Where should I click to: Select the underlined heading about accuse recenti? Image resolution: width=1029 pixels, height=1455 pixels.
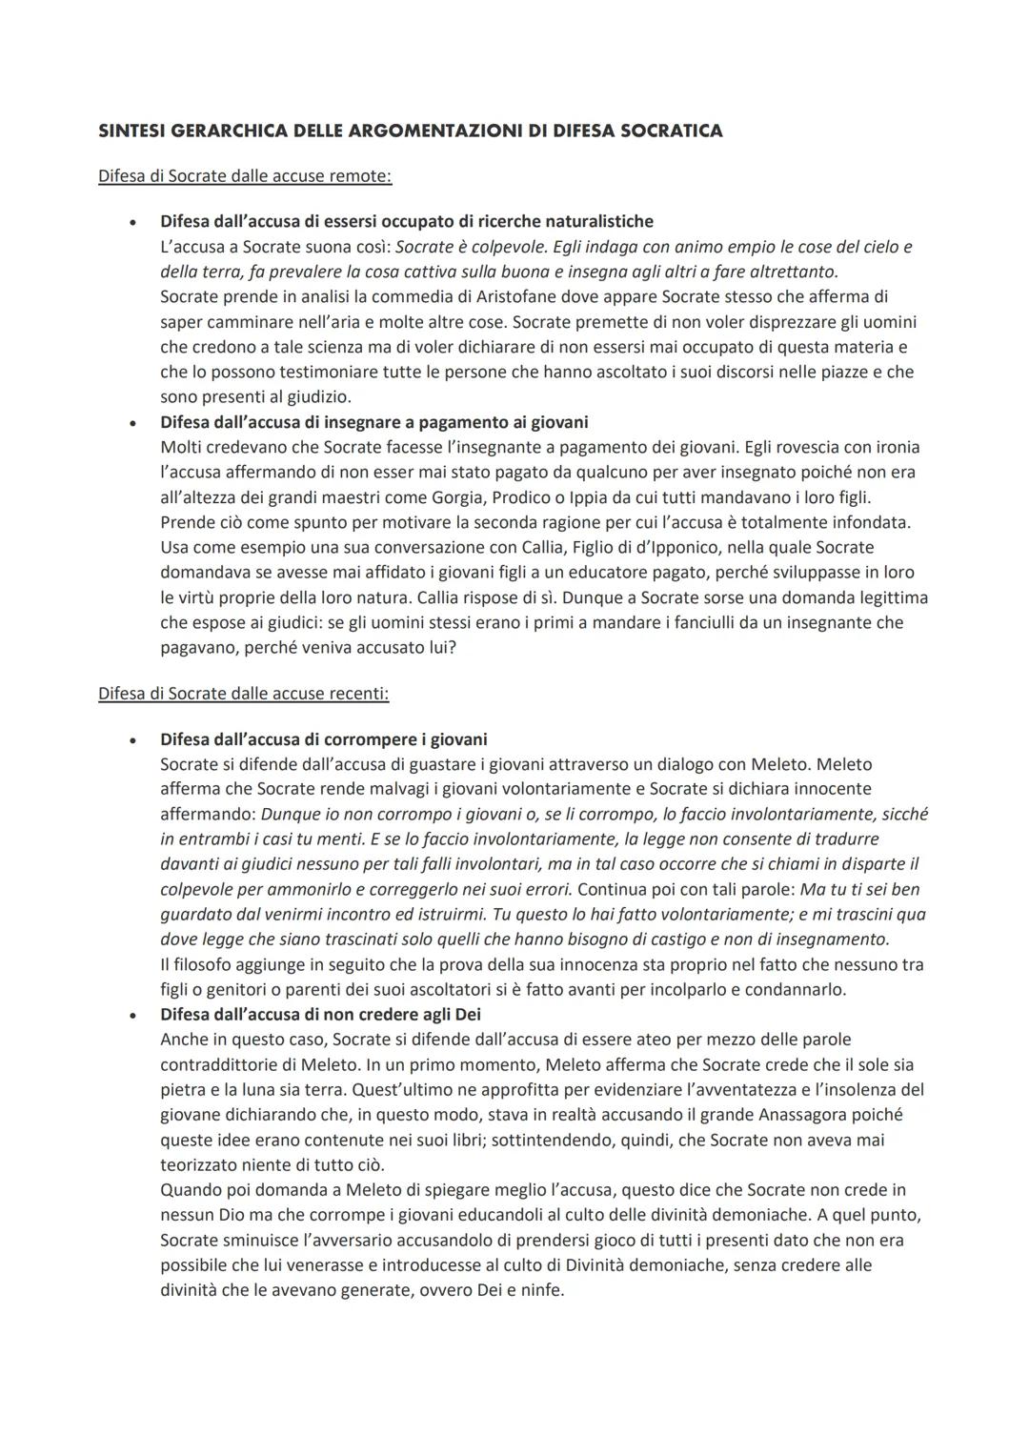243,694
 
